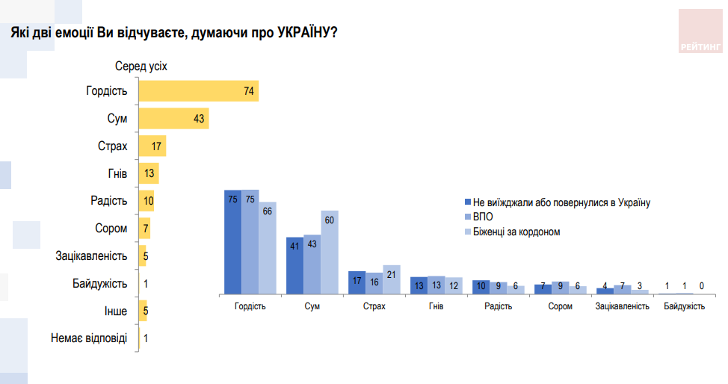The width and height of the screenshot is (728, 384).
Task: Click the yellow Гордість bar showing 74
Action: [x=199, y=92]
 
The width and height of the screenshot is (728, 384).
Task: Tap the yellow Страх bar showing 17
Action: [x=152, y=146]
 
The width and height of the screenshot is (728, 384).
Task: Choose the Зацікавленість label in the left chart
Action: [x=91, y=256]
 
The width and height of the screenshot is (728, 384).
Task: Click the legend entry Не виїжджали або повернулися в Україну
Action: [x=557, y=202]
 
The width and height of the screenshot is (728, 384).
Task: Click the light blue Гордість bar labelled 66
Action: [x=268, y=247]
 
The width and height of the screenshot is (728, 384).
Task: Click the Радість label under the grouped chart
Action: [x=499, y=306]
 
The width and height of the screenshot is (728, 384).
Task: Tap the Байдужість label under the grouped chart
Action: [x=684, y=306]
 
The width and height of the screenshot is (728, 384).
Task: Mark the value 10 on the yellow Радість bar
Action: [x=149, y=201]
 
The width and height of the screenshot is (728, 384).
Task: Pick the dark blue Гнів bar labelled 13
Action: [x=419, y=285]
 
